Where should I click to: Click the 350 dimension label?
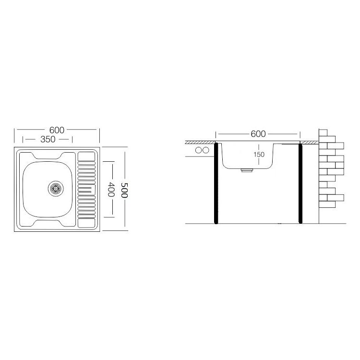coord(48,139)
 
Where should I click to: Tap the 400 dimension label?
coord(111,190)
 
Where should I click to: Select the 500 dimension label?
coord(124,191)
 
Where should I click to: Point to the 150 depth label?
coord(259,154)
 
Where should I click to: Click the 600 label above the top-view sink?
coord(57,130)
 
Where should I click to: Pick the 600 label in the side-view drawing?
coord(258,134)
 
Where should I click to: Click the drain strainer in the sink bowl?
coord(56,189)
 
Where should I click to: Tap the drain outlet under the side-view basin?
coord(247,170)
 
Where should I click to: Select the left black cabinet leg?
coord(216,183)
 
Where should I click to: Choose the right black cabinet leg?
coord(300,183)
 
